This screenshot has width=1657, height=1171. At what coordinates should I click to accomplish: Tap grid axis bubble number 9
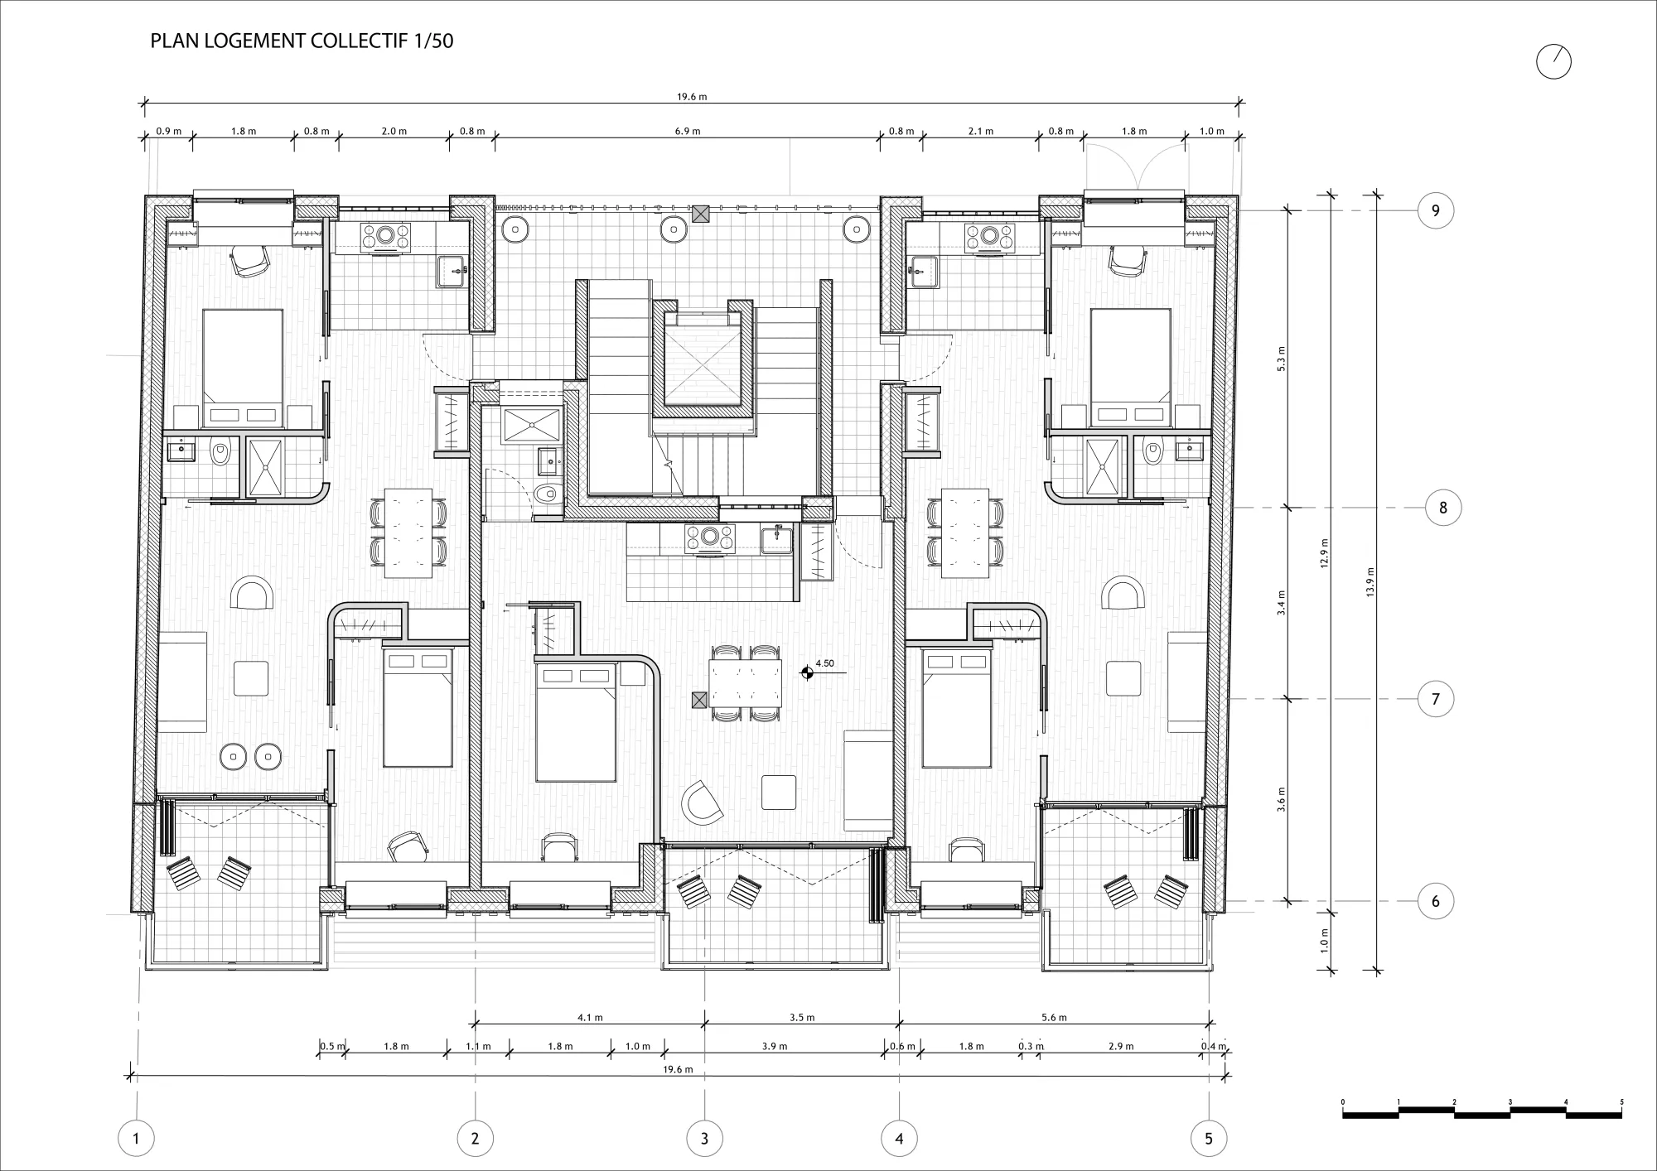(x=1436, y=210)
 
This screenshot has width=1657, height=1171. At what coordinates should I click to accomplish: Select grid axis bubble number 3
(x=704, y=1139)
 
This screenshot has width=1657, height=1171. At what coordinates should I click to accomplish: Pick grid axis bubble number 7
(x=1436, y=699)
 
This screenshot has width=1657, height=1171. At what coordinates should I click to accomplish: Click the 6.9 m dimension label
(x=688, y=131)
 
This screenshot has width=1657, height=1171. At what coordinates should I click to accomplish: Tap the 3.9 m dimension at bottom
(x=775, y=1046)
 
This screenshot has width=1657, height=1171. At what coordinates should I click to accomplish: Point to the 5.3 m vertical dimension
(x=1281, y=359)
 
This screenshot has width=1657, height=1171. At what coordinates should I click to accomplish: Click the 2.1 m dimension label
(x=980, y=131)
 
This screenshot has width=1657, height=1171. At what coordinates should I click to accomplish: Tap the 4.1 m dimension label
(x=590, y=1017)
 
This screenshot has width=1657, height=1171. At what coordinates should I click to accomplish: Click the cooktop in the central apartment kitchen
(x=710, y=537)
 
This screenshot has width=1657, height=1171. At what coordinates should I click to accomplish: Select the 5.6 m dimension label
(x=1054, y=1017)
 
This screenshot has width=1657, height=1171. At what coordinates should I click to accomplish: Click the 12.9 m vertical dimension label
(x=1325, y=552)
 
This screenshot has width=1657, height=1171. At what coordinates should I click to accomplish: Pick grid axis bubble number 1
(x=136, y=1139)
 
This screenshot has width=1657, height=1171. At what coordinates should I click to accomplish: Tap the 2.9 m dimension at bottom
(x=1121, y=1046)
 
